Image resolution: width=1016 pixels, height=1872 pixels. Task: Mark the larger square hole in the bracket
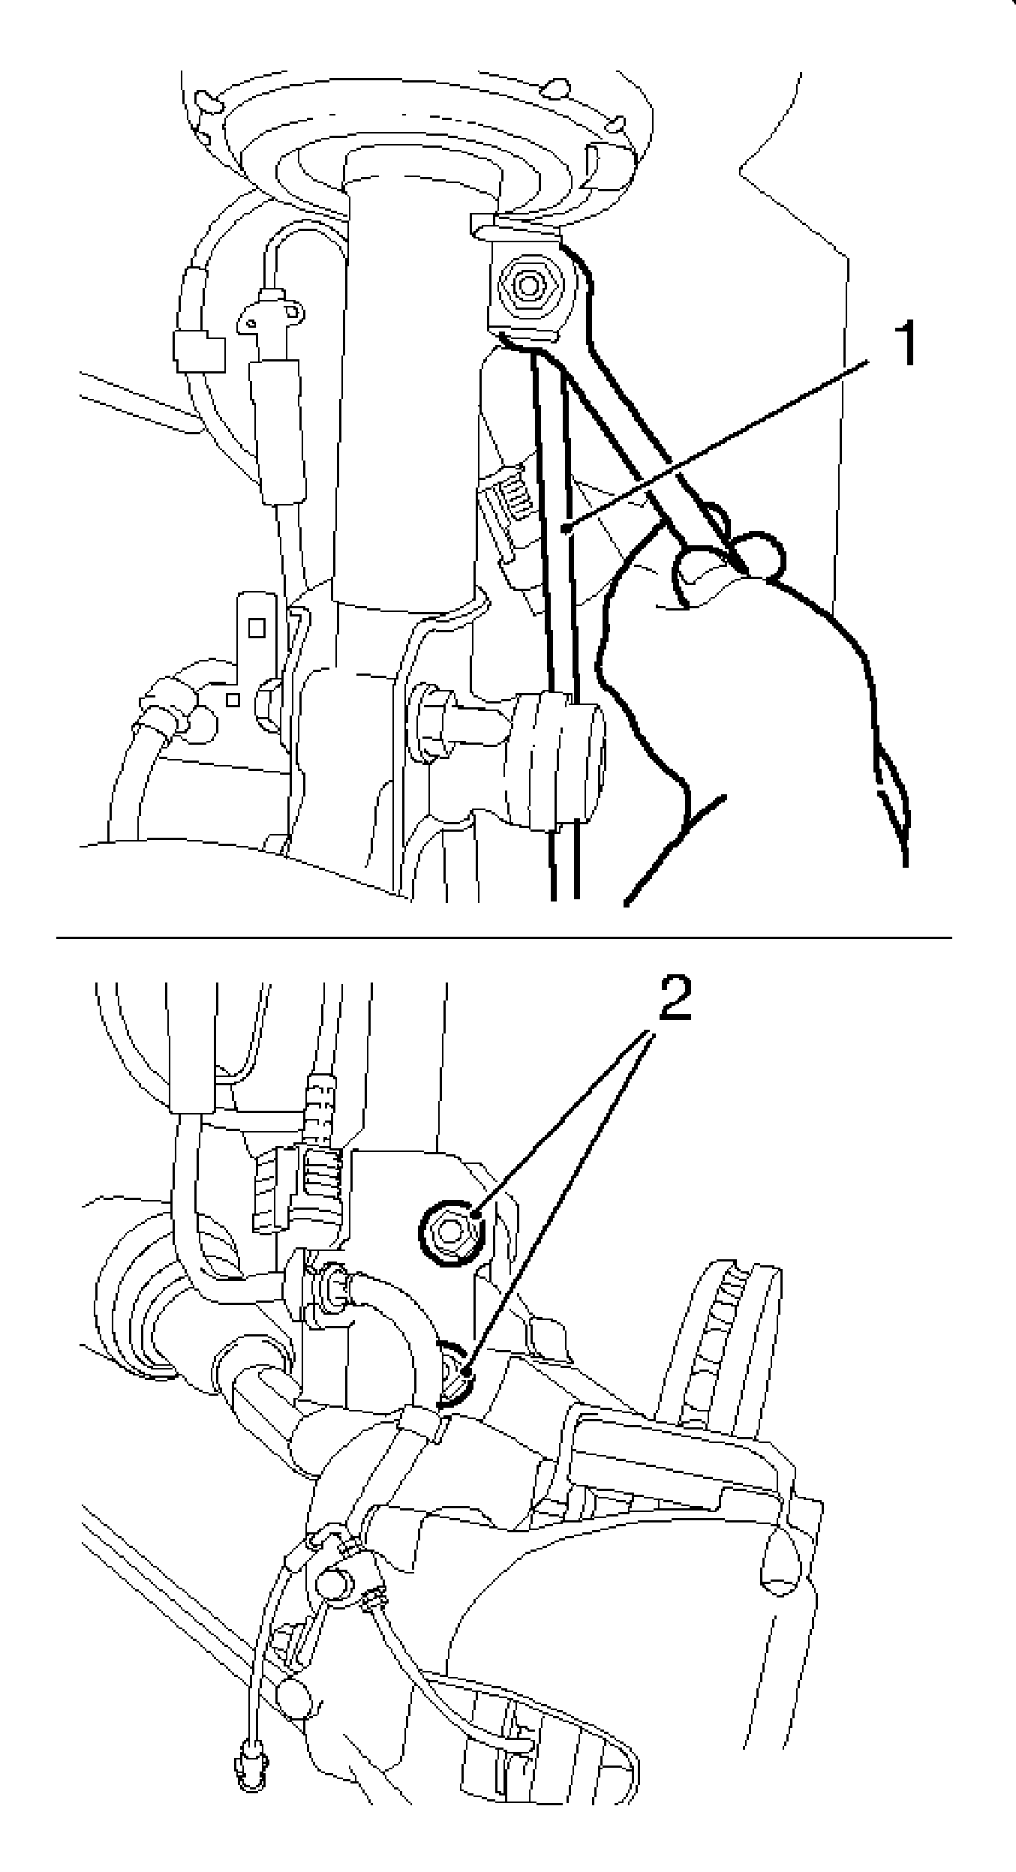click(257, 627)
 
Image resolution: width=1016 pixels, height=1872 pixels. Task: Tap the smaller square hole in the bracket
click(233, 699)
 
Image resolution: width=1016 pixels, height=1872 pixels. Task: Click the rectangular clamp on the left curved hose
click(197, 352)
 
